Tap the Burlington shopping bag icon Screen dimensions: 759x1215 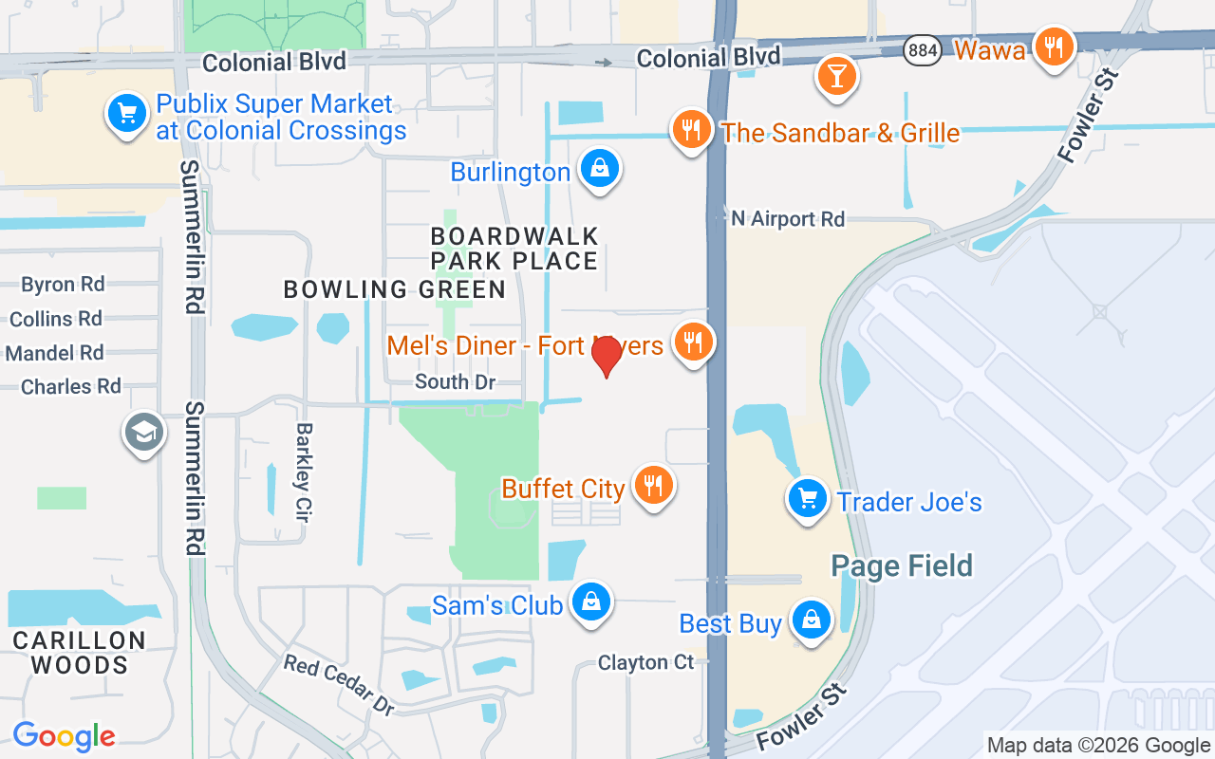coord(600,169)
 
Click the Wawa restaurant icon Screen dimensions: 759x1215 coord(1053,46)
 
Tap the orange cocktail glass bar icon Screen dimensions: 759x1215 coord(836,74)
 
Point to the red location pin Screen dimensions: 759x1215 coord(607,356)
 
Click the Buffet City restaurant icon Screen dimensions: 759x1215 coord(652,486)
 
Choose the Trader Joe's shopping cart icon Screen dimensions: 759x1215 coord(808,497)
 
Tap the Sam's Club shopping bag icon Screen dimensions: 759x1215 coord(591,602)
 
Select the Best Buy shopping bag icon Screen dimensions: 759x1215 coord(811,620)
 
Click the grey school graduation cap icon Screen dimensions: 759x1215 coord(143,433)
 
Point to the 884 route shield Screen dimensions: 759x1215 coord(923,50)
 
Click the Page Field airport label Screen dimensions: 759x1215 coord(902,566)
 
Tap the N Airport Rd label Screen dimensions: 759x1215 coord(787,219)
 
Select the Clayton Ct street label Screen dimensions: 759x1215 coord(645,662)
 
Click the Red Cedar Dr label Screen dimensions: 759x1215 coord(339,684)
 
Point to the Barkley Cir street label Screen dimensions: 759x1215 coord(303,472)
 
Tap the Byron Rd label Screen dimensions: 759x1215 coord(63,285)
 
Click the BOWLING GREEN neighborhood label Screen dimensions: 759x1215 coord(395,289)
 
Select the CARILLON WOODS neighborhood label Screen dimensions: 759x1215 coord(80,653)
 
